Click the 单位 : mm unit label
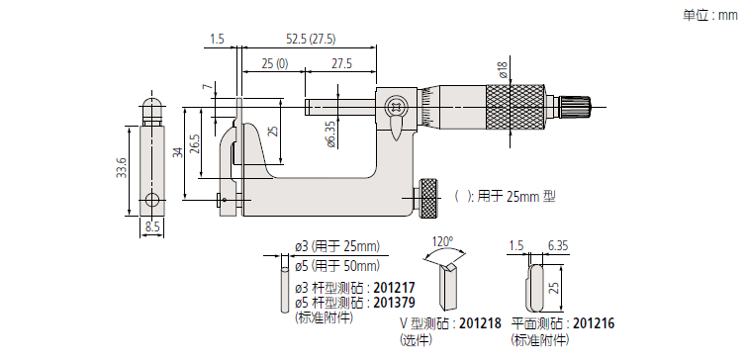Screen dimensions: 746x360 pyautogui.click(x=710, y=15)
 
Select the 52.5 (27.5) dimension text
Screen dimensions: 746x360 pyautogui.click(x=311, y=39)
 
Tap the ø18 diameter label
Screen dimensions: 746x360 pyautogui.click(x=503, y=69)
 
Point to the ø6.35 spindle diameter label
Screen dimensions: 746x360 pyautogui.click(x=331, y=134)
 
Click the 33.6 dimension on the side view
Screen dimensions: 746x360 pyautogui.click(x=121, y=168)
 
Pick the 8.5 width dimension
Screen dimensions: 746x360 pyautogui.click(x=152, y=227)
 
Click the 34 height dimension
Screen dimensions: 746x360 pyautogui.click(x=177, y=152)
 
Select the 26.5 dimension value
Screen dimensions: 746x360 pyautogui.click(x=195, y=143)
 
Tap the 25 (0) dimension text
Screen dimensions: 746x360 pyautogui.click(x=274, y=63)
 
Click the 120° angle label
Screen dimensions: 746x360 pyautogui.click(x=442, y=241)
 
